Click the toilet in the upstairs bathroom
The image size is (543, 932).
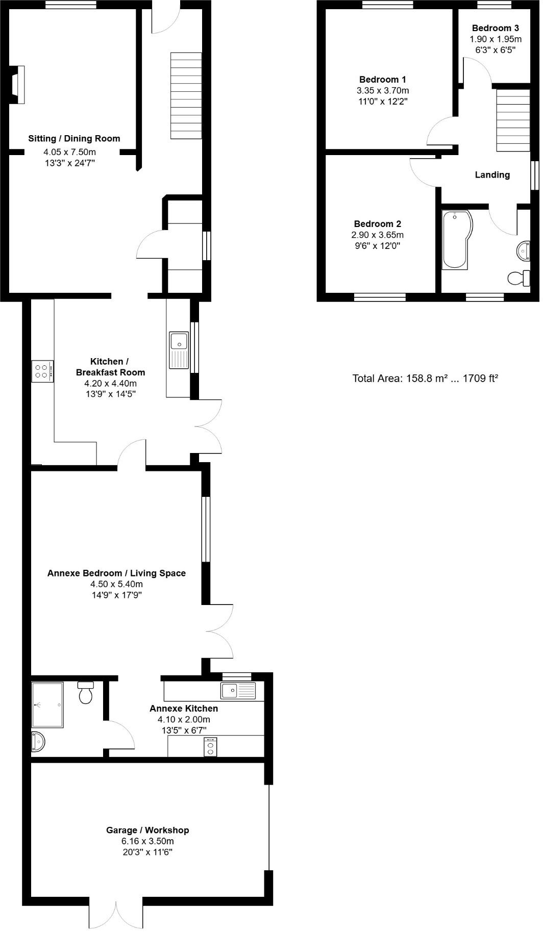coord(519,279)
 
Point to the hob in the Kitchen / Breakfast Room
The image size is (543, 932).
coord(42,371)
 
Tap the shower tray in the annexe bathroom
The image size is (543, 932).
coord(47,704)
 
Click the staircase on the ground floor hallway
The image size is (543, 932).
coord(186,95)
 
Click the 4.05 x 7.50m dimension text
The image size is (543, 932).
coord(70,152)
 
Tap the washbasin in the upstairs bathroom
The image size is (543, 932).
coord(523,251)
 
